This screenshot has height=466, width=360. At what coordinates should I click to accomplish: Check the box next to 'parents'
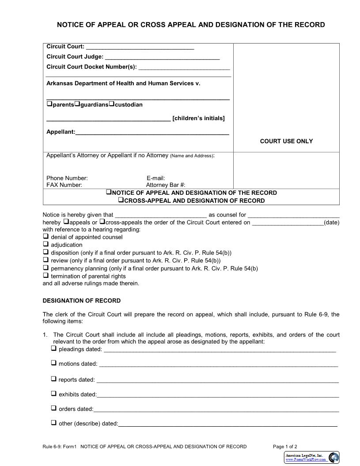click(49, 104)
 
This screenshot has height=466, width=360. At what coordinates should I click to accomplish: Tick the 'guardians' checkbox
click(77, 104)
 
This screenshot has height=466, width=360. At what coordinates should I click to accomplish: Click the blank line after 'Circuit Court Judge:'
click(162, 57)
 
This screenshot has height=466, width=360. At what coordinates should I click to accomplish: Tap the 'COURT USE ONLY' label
click(286, 141)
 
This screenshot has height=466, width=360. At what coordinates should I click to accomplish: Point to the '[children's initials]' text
click(199, 118)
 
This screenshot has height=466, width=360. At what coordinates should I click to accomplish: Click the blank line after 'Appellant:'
click(152, 132)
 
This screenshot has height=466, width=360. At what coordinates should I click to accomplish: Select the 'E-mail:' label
click(155, 178)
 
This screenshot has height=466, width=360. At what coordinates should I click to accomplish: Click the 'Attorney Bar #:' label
click(166, 185)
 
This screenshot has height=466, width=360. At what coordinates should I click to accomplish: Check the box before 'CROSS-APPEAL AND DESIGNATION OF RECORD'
click(121, 200)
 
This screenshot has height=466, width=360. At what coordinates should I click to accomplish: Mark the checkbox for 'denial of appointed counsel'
click(45, 236)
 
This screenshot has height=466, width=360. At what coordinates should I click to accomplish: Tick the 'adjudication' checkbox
click(45, 244)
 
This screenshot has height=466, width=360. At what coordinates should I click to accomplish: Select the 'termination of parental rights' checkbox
click(45, 276)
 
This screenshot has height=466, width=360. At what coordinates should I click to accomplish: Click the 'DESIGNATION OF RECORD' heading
click(81, 301)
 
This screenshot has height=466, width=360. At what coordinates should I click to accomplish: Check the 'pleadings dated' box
click(53, 349)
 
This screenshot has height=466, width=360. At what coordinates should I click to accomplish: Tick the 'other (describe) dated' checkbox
click(53, 423)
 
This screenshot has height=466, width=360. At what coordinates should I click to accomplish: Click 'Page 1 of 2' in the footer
click(285, 447)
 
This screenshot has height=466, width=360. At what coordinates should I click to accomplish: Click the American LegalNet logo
click(312, 457)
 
